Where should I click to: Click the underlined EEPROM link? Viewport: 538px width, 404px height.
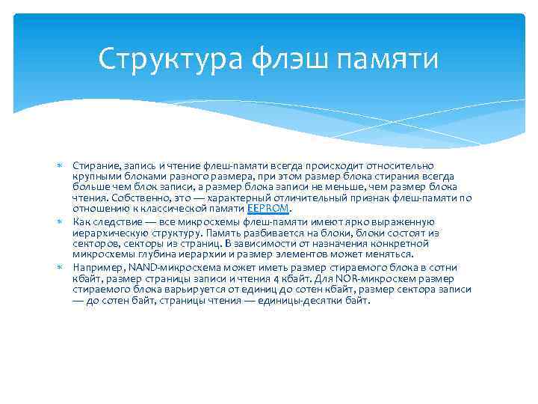point(268,209)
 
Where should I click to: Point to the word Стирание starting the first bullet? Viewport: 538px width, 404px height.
point(93,165)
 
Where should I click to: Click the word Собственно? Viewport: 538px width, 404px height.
point(134,198)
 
